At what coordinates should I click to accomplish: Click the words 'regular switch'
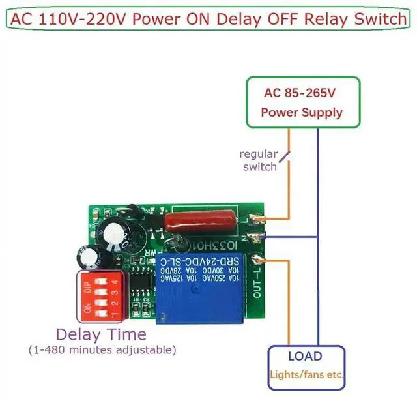click(x=259, y=160)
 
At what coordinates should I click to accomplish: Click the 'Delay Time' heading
click(x=100, y=334)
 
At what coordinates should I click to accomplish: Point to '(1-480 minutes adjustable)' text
click(x=102, y=350)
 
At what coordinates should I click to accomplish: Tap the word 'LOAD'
click(x=305, y=357)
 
